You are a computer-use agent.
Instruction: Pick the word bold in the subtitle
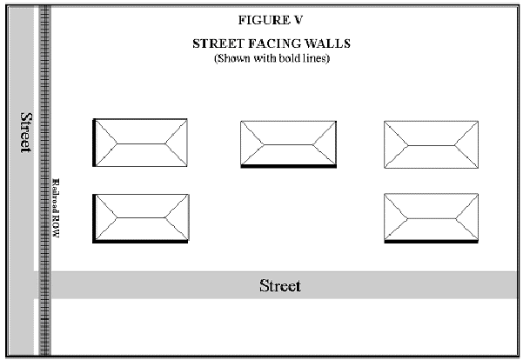290,58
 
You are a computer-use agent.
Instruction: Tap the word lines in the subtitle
316,58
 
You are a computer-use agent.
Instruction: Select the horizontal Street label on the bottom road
280,285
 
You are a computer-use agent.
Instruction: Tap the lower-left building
141,217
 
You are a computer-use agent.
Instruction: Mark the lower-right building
432,217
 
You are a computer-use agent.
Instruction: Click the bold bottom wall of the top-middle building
287,167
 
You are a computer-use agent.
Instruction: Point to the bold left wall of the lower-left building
94,217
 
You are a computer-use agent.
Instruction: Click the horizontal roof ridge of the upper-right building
432,143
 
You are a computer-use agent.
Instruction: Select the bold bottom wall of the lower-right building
432,243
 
